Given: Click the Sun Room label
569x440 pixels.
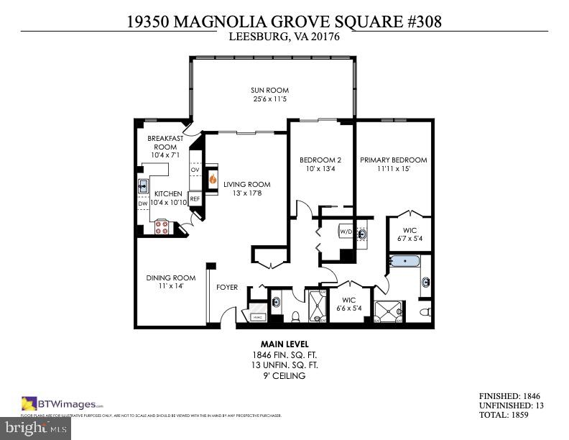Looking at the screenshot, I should [x=269, y=91].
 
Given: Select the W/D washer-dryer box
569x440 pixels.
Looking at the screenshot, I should [x=346, y=232].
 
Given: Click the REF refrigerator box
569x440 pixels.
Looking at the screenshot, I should [x=195, y=199].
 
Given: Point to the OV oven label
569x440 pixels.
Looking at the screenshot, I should [x=195, y=170].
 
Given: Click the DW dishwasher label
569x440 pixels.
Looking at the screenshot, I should [x=142, y=203].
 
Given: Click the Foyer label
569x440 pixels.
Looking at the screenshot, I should [x=227, y=288].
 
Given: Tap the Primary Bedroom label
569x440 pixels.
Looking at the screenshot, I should [x=393, y=160].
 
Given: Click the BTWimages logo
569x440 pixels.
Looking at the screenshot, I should [x=63, y=403].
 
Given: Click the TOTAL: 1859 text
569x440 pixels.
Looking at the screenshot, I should [x=509, y=416].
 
